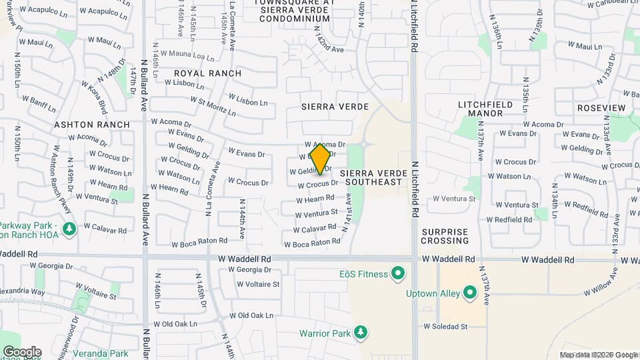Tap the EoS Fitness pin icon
398,273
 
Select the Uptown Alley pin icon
470,293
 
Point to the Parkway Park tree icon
68,229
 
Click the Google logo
22,352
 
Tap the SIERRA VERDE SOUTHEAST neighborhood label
371,177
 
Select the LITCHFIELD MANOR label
485,109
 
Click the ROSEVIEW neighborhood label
601,108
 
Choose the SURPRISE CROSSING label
445,236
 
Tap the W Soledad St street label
446,327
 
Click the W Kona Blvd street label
93,98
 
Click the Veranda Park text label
101,353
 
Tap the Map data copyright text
599,355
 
